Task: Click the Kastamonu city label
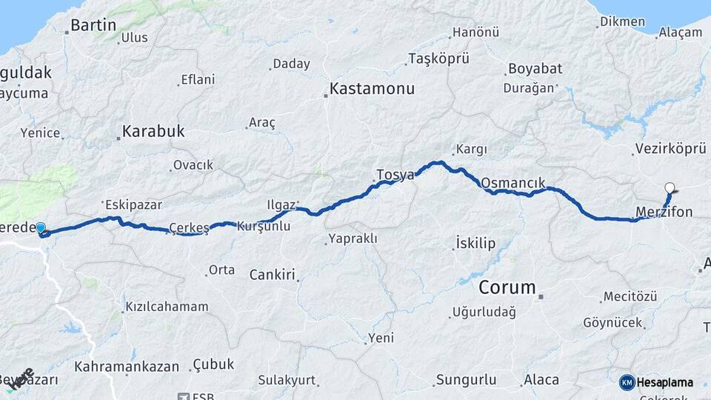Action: click(x=372, y=89)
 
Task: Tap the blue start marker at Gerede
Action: click(x=41, y=229)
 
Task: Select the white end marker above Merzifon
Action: click(x=670, y=188)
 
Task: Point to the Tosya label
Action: click(x=395, y=175)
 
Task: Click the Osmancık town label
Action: click(x=513, y=182)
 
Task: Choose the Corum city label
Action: click(x=507, y=287)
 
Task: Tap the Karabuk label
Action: click(x=153, y=132)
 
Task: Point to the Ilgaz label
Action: click(x=281, y=203)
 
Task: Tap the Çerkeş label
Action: click(x=190, y=227)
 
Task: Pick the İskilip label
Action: click(x=475, y=243)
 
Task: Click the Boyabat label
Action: click(x=535, y=69)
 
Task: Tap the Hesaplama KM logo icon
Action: click(x=627, y=382)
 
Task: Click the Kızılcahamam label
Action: click(x=167, y=307)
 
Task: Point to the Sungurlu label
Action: click(x=466, y=380)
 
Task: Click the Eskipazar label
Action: click(x=133, y=204)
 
